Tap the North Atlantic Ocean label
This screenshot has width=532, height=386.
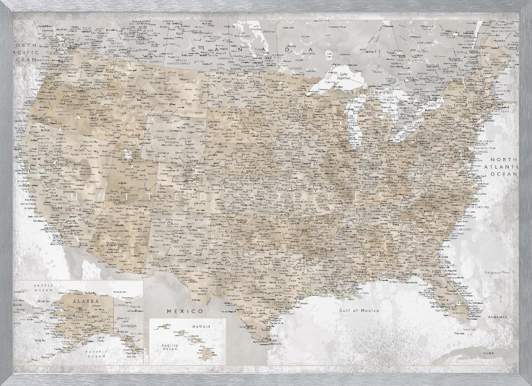coord(503,166)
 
